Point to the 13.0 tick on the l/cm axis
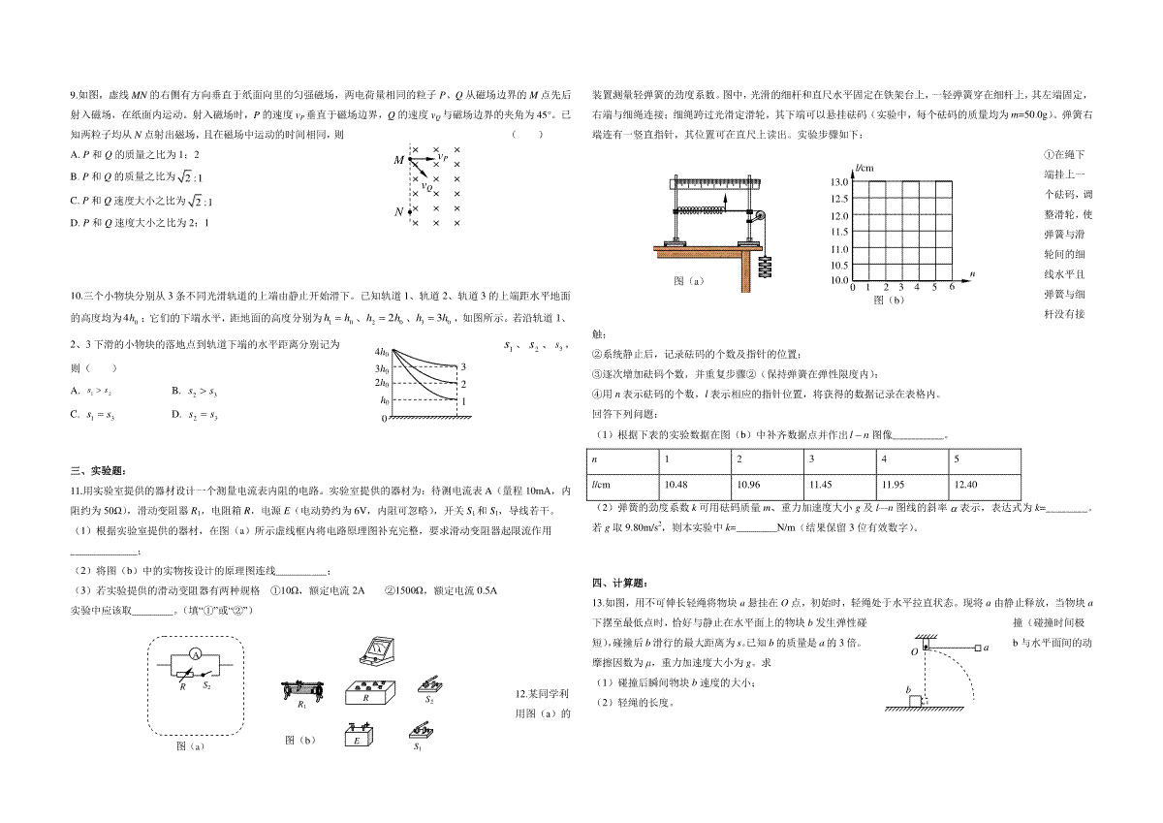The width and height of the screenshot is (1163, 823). coord(839,182)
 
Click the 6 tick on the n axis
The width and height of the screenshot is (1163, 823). coord(952,288)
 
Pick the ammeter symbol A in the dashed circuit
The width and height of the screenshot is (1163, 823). coord(194,656)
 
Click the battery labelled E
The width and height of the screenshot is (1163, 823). coord(357,736)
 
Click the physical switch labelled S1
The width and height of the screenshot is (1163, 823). coord(420,730)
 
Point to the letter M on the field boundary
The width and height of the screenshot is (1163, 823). coord(398,161)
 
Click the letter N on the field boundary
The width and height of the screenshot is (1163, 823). coord(398,211)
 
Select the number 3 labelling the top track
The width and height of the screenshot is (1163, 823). coord(463,366)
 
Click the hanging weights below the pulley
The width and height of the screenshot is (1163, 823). coord(765,264)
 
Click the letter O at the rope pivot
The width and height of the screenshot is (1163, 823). coord(913,652)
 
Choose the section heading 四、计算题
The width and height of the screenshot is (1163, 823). coord(613,583)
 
